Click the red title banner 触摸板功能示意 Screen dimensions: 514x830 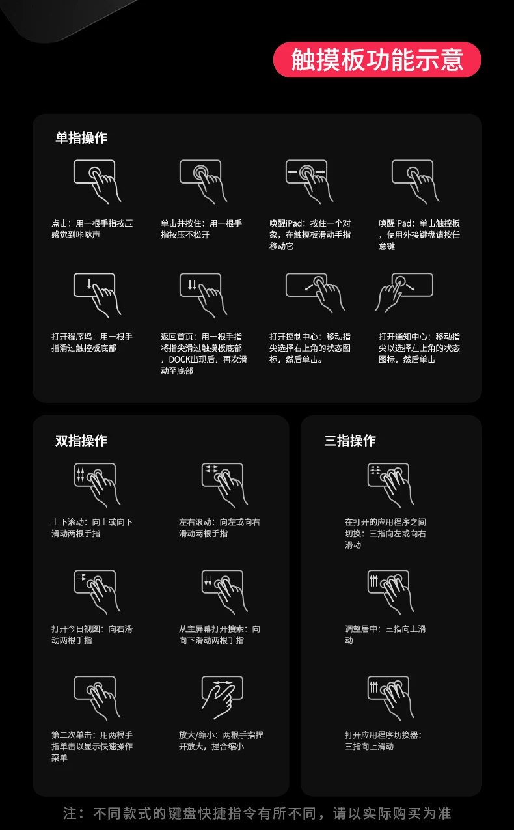click(x=377, y=60)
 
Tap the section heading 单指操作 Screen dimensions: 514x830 click(x=81, y=138)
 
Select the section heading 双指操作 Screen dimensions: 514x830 click(x=81, y=441)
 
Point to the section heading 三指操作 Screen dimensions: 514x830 click(x=350, y=441)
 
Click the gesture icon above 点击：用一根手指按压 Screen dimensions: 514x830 click(x=98, y=182)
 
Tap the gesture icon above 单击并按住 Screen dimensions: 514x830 click(x=203, y=182)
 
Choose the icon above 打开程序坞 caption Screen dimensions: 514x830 click(x=98, y=296)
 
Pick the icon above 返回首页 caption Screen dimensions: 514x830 click(x=203, y=296)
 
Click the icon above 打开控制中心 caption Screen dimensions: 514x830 click(x=316, y=293)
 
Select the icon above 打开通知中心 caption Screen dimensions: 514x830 click(x=403, y=293)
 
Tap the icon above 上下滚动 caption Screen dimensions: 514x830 click(x=97, y=485)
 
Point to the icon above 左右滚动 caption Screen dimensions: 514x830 click(x=224, y=485)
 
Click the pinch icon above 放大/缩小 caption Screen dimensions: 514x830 click(x=222, y=697)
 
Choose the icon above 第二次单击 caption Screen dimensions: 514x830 click(x=97, y=698)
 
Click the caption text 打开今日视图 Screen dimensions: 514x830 click(x=75, y=629)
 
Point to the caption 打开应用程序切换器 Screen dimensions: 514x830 click(x=381, y=735)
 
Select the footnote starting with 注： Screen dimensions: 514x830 click(x=257, y=813)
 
